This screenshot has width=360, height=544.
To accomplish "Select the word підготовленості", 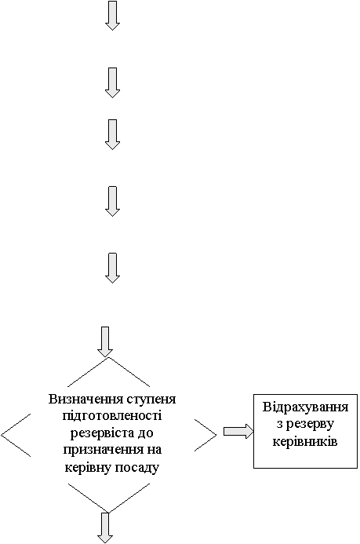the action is coord(112,416).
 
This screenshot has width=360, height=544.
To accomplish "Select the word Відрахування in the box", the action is coord(305,407).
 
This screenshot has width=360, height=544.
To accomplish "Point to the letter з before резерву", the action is coord(279,425).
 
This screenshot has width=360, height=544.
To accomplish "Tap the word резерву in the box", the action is coord(310,425).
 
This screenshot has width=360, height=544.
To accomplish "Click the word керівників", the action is coord(305,442).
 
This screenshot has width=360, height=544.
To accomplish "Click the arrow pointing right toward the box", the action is coord(238,431).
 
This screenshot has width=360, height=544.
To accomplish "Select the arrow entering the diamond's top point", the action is coord(105,341).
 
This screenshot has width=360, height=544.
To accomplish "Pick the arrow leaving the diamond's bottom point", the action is coord(105,528).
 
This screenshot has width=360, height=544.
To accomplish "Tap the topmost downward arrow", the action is coord(112,16).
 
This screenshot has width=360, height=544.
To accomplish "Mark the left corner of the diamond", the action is coord(2,435).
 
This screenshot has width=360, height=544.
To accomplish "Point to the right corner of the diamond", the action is coord(216,435).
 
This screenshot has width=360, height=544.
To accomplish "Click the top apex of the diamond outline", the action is coord(109,358).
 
